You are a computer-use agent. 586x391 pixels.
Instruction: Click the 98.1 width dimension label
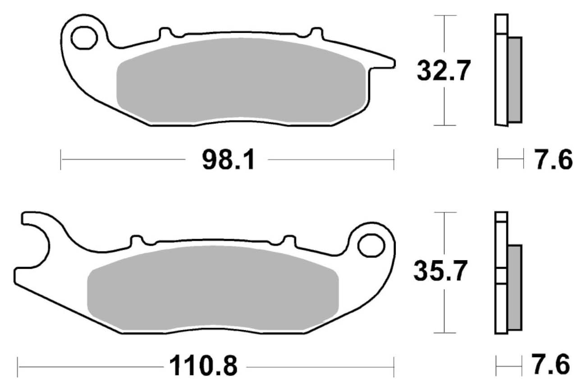[x=228, y=159]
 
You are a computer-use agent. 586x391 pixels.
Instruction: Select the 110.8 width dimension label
[x=203, y=366]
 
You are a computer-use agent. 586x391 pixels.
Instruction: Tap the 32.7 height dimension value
[x=444, y=70]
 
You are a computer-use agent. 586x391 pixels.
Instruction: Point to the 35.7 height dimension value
[x=440, y=271]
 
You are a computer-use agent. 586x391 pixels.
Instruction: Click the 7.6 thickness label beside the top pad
[x=553, y=159]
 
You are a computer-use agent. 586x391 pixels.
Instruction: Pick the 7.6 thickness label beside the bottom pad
[x=550, y=364]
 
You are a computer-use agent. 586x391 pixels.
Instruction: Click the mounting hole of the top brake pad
[x=84, y=38]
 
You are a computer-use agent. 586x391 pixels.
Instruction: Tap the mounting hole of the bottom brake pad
[x=371, y=245]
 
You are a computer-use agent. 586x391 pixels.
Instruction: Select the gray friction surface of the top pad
[x=241, y=81]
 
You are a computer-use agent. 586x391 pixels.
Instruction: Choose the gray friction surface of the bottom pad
[x=213, y=288]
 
